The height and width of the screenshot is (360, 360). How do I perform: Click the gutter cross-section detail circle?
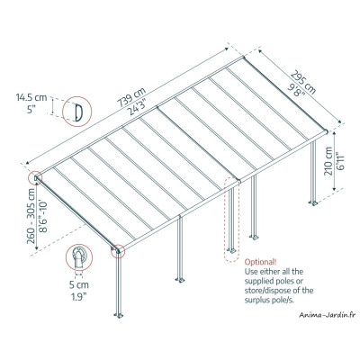point(81,260)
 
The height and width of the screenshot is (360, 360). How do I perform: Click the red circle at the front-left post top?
point(118,250)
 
